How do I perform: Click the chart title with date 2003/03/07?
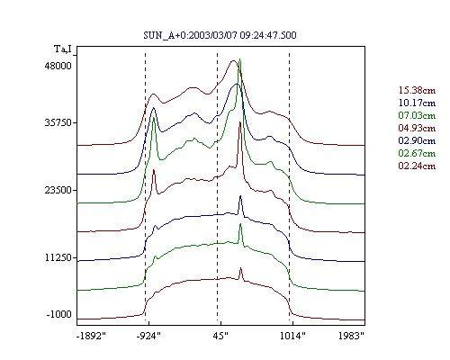(x=220, y=35)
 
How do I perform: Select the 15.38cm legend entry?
(x=417, y=90)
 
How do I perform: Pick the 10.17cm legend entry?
(x=417, y=103)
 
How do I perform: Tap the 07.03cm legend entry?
(x=417, y=115)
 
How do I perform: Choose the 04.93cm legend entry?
(x=417, y=128)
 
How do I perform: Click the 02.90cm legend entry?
(x=417, y=140)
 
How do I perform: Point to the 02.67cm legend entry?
(x=417, y=153)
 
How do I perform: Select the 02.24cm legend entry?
(x=417, y=166)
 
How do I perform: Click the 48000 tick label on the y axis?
(x=58, y=66)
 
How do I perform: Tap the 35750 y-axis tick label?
(x=58, y=122)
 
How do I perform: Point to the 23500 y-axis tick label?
(x=58, y=190)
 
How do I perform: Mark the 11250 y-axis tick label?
(x=58, y=257)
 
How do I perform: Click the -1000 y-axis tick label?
(x=59, y=314)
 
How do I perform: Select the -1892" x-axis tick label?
(x=92, y=336)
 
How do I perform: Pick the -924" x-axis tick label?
(x=148, y=336)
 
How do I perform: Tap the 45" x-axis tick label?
(x=220, y=336)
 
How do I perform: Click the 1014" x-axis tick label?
(x=292, y=336)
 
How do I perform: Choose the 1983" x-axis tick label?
(x=351, y=336)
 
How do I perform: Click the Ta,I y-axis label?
(x=63, y=49)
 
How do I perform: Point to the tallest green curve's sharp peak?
(x=240, y=59)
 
